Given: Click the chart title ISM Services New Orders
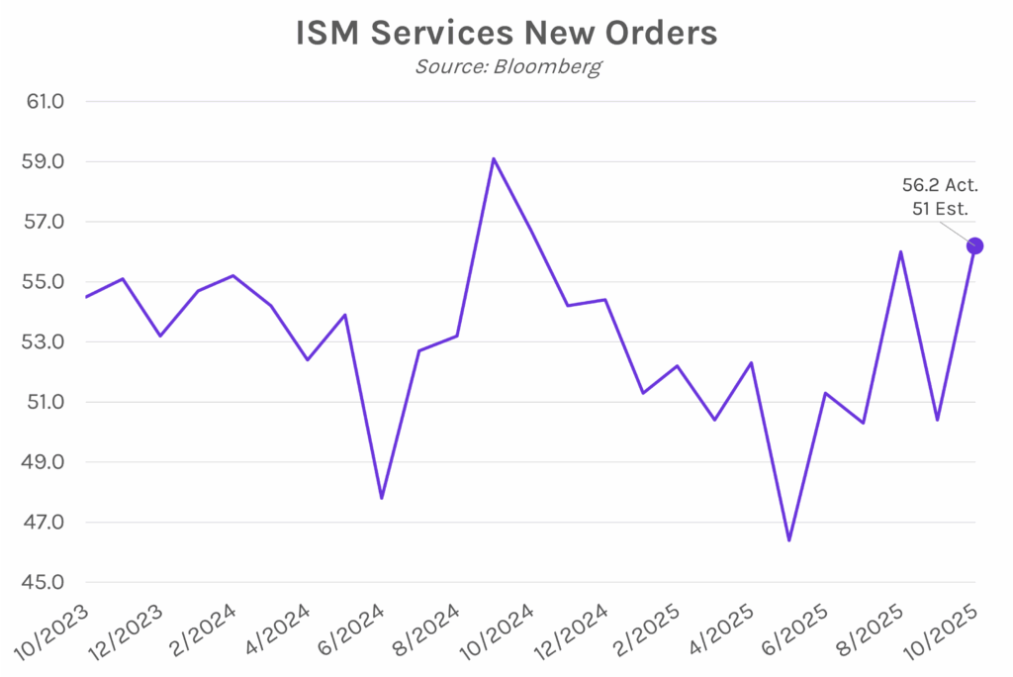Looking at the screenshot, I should [506, 33].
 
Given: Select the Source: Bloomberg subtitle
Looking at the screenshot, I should [506, 67].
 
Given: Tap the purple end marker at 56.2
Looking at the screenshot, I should [974, 245].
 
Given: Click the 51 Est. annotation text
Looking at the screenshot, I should [939, 209].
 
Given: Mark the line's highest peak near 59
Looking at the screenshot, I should [494, 158].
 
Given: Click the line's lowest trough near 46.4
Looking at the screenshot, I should [789, 540].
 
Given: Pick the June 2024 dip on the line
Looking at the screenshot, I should [382, 498].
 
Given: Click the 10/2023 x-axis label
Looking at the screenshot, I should [51, 633].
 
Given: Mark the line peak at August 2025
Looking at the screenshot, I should [900, 251].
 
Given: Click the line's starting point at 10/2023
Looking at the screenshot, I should [86, 297].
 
